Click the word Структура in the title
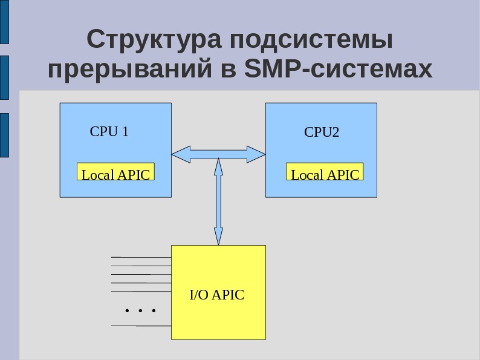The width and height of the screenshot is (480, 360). [x=154, y=41]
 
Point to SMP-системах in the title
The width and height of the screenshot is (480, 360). [x=339, y=70]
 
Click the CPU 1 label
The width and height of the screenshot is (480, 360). [x=109, y=131]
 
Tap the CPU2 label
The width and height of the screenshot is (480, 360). [x=322, y=132]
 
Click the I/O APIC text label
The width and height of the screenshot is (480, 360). [x=217, y=295]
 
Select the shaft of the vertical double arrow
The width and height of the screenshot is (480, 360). [x=218, y=200]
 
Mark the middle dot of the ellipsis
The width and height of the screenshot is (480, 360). [x=140, y=311]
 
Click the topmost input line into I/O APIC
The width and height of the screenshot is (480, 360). [x=142, y=257]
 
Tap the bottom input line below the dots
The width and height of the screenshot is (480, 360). [x=142, y=326]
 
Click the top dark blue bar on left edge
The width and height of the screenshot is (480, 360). [x=4, y=22]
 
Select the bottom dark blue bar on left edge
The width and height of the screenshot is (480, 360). [x=4, y=135]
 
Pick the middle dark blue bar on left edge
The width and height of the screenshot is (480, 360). [x=4, y=77]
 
